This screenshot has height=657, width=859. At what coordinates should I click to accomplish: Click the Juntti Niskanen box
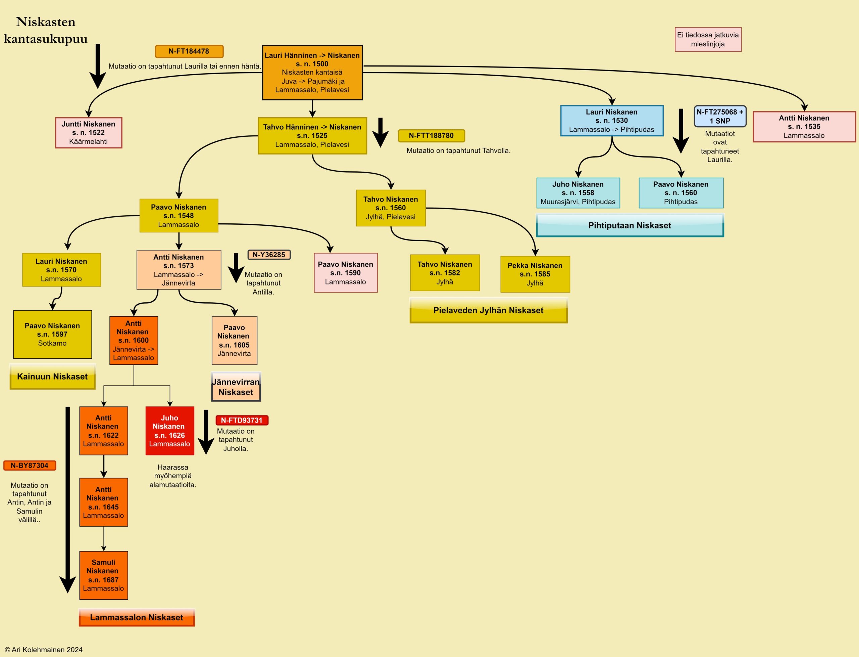click(89, 133)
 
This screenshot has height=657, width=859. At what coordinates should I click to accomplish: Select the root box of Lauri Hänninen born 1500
click(312, 72)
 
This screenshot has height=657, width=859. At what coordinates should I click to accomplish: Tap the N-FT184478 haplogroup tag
click(189, 51)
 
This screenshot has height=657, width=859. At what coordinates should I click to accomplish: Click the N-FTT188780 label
click(431, 136)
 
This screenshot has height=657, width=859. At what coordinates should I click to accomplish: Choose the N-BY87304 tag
click(30, 466)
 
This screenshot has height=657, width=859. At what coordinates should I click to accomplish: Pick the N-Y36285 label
click(269, 255)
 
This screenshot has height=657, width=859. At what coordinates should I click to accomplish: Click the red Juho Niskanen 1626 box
click(169, 431)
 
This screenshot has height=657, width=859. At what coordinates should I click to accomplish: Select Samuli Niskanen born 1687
click(104, 575)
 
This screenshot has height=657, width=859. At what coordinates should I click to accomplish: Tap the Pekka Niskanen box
click(535, 274)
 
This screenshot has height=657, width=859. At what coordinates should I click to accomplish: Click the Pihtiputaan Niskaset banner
click(630, 225)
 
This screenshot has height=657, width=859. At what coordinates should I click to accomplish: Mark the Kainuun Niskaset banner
click(52, 377)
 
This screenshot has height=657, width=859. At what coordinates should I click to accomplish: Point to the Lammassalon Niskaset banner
click(136, 617)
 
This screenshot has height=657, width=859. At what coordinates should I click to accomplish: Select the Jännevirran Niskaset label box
click(236, 387)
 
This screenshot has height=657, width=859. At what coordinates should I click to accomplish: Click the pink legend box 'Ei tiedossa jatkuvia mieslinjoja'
click(708, 40)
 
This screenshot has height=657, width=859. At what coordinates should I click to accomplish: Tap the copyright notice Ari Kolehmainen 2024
click(44, 650)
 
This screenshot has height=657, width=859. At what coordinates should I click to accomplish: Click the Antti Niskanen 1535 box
click(804, 127)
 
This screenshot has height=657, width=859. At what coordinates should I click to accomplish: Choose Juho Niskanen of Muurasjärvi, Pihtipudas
click(578, 193)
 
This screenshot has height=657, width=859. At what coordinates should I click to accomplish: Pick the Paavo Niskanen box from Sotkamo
click(52, 334)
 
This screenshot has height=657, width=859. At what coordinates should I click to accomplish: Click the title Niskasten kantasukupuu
click(46, 30)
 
